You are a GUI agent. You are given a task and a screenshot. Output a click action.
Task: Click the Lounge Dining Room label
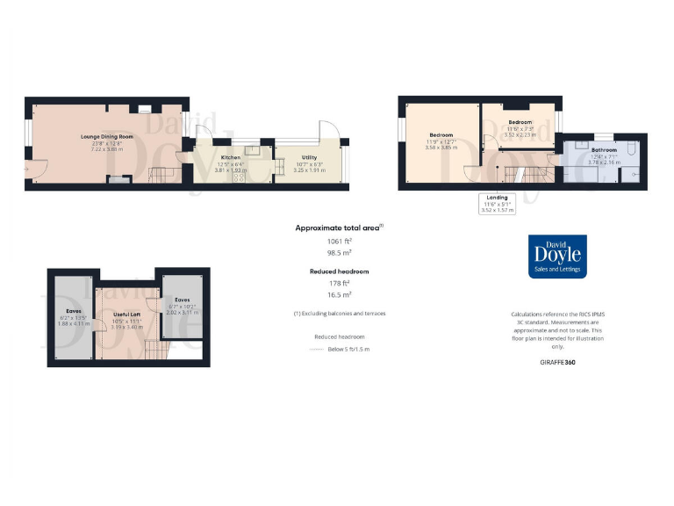click(x=108, y=138)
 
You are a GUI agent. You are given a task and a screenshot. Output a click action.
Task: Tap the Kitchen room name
click(x=231, y=156)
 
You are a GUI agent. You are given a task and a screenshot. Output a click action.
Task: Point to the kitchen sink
click(x=253, y=150)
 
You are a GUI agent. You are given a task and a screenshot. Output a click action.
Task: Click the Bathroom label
click(x=604, y=150)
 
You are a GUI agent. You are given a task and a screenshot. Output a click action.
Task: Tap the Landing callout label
click(x=498, y=197)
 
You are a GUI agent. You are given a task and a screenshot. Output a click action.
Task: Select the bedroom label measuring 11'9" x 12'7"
click(x=441, y=134)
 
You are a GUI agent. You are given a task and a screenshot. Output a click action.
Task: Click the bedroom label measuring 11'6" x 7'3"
click(x=520, y=122)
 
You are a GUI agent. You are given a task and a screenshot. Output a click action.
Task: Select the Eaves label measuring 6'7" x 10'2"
click(x=183, y=300)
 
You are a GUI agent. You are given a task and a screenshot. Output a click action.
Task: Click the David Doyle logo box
click(x=551, y=257)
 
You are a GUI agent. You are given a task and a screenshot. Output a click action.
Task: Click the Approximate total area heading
click(x=339, y=227)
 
